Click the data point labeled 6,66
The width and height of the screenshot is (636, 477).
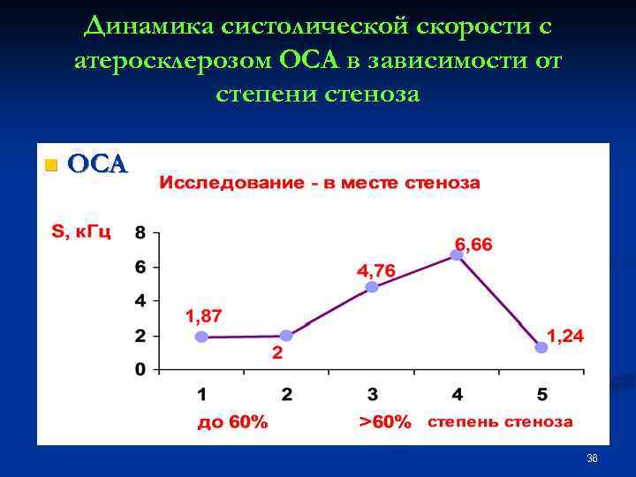click(457, 254)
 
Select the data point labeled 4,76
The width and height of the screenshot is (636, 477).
click(372, 287)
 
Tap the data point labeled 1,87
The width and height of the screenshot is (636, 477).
click(201, 337)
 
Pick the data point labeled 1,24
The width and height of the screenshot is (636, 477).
click(541, 348)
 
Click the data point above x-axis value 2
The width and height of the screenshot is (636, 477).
click(286, 336)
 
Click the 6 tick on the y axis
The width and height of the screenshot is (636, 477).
click(140, 268)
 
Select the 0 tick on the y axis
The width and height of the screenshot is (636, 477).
click(140, 370)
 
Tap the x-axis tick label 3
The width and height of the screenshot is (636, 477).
click(372, 394)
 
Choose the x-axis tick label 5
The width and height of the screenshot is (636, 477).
click(541, 394)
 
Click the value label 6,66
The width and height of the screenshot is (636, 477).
click(473, 243)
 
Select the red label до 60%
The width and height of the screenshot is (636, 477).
click(231, 422)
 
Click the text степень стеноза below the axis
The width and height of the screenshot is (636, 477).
click(500, 422)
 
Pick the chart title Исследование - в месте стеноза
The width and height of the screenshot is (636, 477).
click(320, 184)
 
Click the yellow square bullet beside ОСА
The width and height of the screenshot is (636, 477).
click(50, 165)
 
